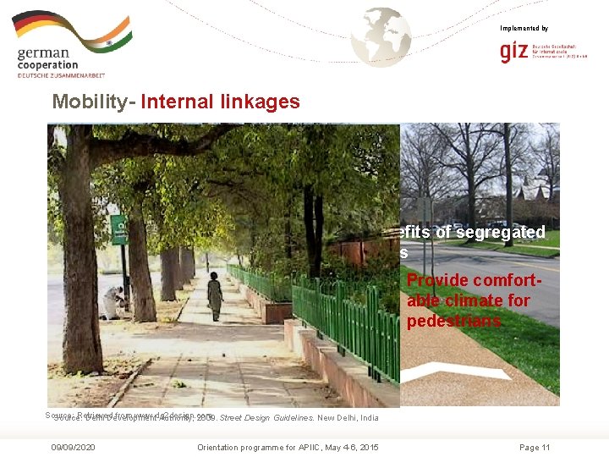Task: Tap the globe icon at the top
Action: coord(381,36)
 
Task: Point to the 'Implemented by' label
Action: coord(524,29)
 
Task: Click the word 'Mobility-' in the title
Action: coord(93,102)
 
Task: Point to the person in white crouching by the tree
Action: coord(113,302)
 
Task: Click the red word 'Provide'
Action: coord(438,281)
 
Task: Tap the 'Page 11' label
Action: coord(535,447)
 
